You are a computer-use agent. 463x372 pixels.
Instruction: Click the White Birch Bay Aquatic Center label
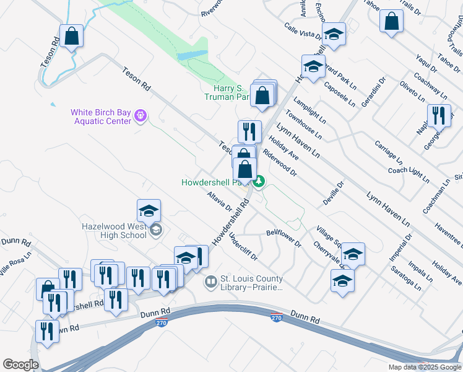point(100,117)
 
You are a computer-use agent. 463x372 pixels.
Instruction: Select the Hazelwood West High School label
point(115,231)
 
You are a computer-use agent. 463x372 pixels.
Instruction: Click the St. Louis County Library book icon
point(211,283)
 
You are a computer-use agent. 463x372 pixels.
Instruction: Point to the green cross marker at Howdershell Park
point(259,182)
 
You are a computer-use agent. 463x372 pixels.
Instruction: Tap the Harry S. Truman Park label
point(227,92)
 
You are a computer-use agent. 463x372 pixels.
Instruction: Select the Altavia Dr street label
point(220,200)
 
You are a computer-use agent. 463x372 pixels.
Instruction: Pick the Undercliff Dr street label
point(243,246)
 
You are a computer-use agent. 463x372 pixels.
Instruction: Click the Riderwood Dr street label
point(280,163)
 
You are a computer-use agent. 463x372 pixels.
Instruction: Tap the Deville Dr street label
point(332,193)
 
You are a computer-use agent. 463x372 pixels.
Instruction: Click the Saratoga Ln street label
point(406,279)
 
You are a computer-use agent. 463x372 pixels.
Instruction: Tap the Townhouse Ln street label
point(303,124)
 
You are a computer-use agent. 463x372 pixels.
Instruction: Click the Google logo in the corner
point(20,365)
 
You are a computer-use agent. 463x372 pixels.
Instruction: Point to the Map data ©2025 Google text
point(424,367)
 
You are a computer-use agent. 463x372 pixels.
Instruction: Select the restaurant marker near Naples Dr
point(439,116)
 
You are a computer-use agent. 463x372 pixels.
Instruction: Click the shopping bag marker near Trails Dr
point(392,22)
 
